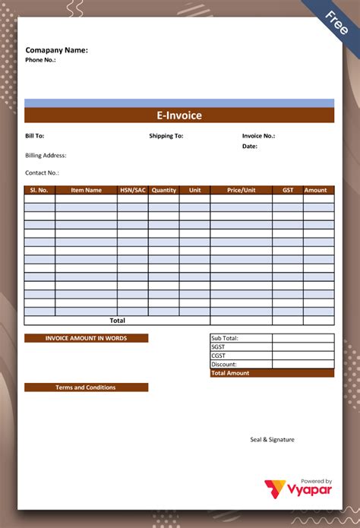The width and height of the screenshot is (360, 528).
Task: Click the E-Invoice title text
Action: point(179,115)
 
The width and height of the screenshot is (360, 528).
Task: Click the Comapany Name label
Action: point(57,50)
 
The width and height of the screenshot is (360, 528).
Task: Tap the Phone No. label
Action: point(41,60)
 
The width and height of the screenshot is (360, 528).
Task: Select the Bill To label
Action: point(35,136)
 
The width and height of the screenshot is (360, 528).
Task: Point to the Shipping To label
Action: point(166,136)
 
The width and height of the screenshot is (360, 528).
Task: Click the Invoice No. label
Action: point(258,136)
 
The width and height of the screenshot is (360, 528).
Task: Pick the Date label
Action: point(250,146)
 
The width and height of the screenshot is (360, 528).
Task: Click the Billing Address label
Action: point(46,156)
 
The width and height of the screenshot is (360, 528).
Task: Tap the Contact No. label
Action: point(43,172)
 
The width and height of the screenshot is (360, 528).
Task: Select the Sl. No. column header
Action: point(39,190)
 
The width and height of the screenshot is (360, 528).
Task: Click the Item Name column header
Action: point(86,190)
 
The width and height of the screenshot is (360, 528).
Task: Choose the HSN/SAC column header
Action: point(133,190)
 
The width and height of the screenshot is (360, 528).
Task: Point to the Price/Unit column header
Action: point(242,190)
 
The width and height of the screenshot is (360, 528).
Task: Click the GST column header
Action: point(288,190)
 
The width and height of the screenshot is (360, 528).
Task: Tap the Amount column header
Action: point(316,190)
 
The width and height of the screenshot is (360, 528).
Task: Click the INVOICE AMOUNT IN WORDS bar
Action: point(86,338)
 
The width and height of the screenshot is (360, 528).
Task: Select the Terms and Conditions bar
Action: point(86,387)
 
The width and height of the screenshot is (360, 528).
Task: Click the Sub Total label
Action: point(226,338)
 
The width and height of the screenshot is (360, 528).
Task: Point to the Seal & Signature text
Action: point(272,439)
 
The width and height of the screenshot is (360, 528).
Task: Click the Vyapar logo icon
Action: point(273,490)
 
